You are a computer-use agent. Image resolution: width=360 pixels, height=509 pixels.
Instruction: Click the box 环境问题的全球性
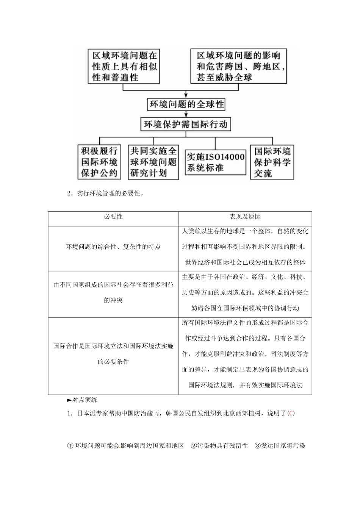tap(186, 104)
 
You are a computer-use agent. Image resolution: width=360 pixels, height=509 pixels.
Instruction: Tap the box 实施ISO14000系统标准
tap(215, 162)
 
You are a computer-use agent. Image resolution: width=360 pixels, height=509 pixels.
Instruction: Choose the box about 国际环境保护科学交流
tap(272, 162)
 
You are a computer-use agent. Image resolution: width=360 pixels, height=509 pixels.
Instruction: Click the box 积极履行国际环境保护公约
tap(99, 162)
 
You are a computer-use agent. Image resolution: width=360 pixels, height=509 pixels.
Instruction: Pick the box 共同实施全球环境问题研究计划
tap(153, 162)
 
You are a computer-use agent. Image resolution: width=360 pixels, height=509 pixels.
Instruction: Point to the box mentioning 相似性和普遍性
tap(124, 66)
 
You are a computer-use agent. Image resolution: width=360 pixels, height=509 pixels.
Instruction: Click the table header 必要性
tap(113, 217)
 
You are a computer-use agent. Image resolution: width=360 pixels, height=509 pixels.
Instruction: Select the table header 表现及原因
tap(245, 217)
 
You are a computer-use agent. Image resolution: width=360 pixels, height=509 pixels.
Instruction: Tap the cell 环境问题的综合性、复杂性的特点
tap(113, 247)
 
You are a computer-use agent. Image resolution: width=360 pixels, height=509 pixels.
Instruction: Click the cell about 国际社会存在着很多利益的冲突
tap(113, 292)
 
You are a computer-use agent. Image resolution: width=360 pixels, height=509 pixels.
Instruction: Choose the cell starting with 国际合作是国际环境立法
tap(113, 354)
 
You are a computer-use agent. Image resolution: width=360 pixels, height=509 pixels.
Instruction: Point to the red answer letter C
tap(291, 413)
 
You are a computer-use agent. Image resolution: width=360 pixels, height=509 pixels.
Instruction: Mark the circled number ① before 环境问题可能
tap(70, 446)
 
